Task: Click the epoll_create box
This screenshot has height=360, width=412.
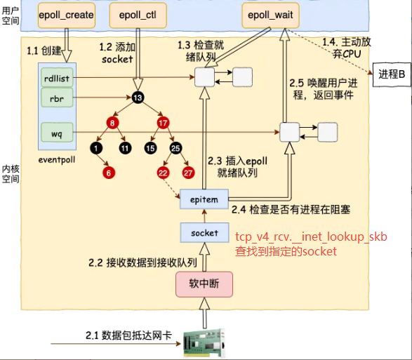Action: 66,15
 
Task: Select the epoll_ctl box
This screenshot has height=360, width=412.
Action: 138,15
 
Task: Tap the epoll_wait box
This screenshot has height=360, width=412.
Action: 270,15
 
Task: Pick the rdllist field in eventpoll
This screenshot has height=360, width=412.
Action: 57,78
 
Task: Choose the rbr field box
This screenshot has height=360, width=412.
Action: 57,98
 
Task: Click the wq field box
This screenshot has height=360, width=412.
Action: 57,133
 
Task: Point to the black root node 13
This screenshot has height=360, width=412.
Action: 138,98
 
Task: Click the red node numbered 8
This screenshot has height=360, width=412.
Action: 112,123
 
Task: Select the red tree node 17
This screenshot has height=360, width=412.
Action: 163,123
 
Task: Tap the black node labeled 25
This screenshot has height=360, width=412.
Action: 175,148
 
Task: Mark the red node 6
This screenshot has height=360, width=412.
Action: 109,173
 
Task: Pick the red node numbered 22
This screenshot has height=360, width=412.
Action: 163,173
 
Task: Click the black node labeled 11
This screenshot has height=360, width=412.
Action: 125,148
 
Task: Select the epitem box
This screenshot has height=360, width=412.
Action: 204,199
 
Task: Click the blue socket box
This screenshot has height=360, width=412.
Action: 204,232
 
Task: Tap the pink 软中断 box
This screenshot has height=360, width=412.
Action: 204,284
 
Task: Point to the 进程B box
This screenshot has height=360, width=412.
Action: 392,74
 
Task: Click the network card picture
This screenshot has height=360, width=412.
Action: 204,343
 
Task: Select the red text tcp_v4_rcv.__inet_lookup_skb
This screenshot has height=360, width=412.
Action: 311,236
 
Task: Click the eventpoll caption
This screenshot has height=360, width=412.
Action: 57,160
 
